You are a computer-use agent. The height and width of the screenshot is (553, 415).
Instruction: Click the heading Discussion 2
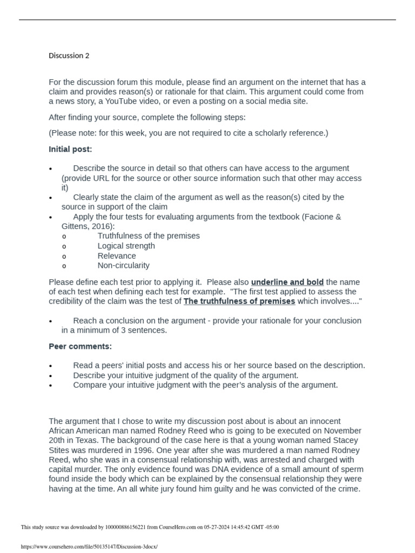[x=69, y=56]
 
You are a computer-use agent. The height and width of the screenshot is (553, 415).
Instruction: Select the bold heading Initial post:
[x=70, y=149]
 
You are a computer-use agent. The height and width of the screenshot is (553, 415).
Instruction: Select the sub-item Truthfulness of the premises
[x=149, y=236]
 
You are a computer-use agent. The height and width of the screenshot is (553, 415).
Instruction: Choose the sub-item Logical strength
[x=126, y=246]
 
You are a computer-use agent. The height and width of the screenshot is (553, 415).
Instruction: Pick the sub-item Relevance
[x=117, y=255]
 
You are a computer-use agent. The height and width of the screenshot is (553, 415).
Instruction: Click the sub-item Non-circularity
[x=124, y=265]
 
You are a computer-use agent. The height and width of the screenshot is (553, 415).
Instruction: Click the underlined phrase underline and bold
[x=287, y=282]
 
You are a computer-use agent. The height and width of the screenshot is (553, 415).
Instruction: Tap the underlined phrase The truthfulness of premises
[x=239, y=301]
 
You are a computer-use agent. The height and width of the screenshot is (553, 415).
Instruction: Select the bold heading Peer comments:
[x=81, y=346]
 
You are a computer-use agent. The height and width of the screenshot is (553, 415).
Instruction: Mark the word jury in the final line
[x=132, y=489]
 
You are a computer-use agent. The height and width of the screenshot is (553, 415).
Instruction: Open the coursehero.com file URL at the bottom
[x=89, y=547]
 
